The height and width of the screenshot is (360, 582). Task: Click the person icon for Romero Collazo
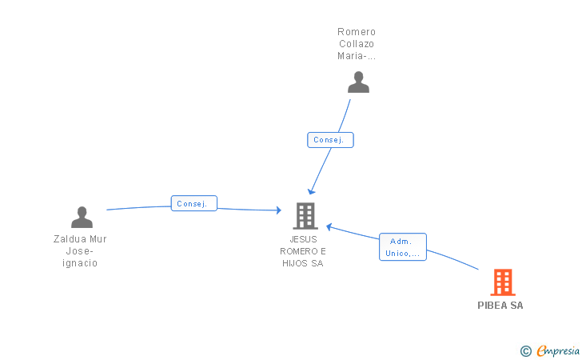pyautogui.click(x=358, y=82)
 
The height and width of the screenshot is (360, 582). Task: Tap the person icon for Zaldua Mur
pyautogui.click(x=82, y=217)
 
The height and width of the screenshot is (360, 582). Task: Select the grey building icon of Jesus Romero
pyautogui.click(x=305, y=215)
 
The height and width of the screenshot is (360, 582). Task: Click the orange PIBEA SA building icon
pyautogui.click(x=502, y=282)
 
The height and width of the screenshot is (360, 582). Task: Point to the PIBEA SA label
pyautogui.click(x=500, y=306)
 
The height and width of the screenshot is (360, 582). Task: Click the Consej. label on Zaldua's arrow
pyautogui.click(x=193, y=204)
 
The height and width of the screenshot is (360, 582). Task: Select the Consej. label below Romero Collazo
pyautogui.click(x=330, y=140)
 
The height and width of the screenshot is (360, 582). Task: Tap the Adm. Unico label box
pyautogui.click(x=403, y=247)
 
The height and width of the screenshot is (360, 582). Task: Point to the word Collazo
pyautogui.click(x=357, y=44)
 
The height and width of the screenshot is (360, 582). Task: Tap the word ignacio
pyautogui.click(x=80, y=263)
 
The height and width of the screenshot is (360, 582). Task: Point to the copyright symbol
pyautogui.click(x=525, y=350)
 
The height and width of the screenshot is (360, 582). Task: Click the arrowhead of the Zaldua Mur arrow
pyautogui.click(x=279, y=210)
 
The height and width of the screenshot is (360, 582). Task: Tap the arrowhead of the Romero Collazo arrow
pyautogui.click(x=312, y=191)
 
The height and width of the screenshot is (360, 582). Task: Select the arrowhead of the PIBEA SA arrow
pyautogui.click(x=329, y=227)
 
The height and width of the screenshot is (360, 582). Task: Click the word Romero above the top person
pyautogui.click(x=357, y=32)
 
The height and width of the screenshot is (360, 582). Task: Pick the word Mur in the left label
pyautogui.click(x=98, y=239)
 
